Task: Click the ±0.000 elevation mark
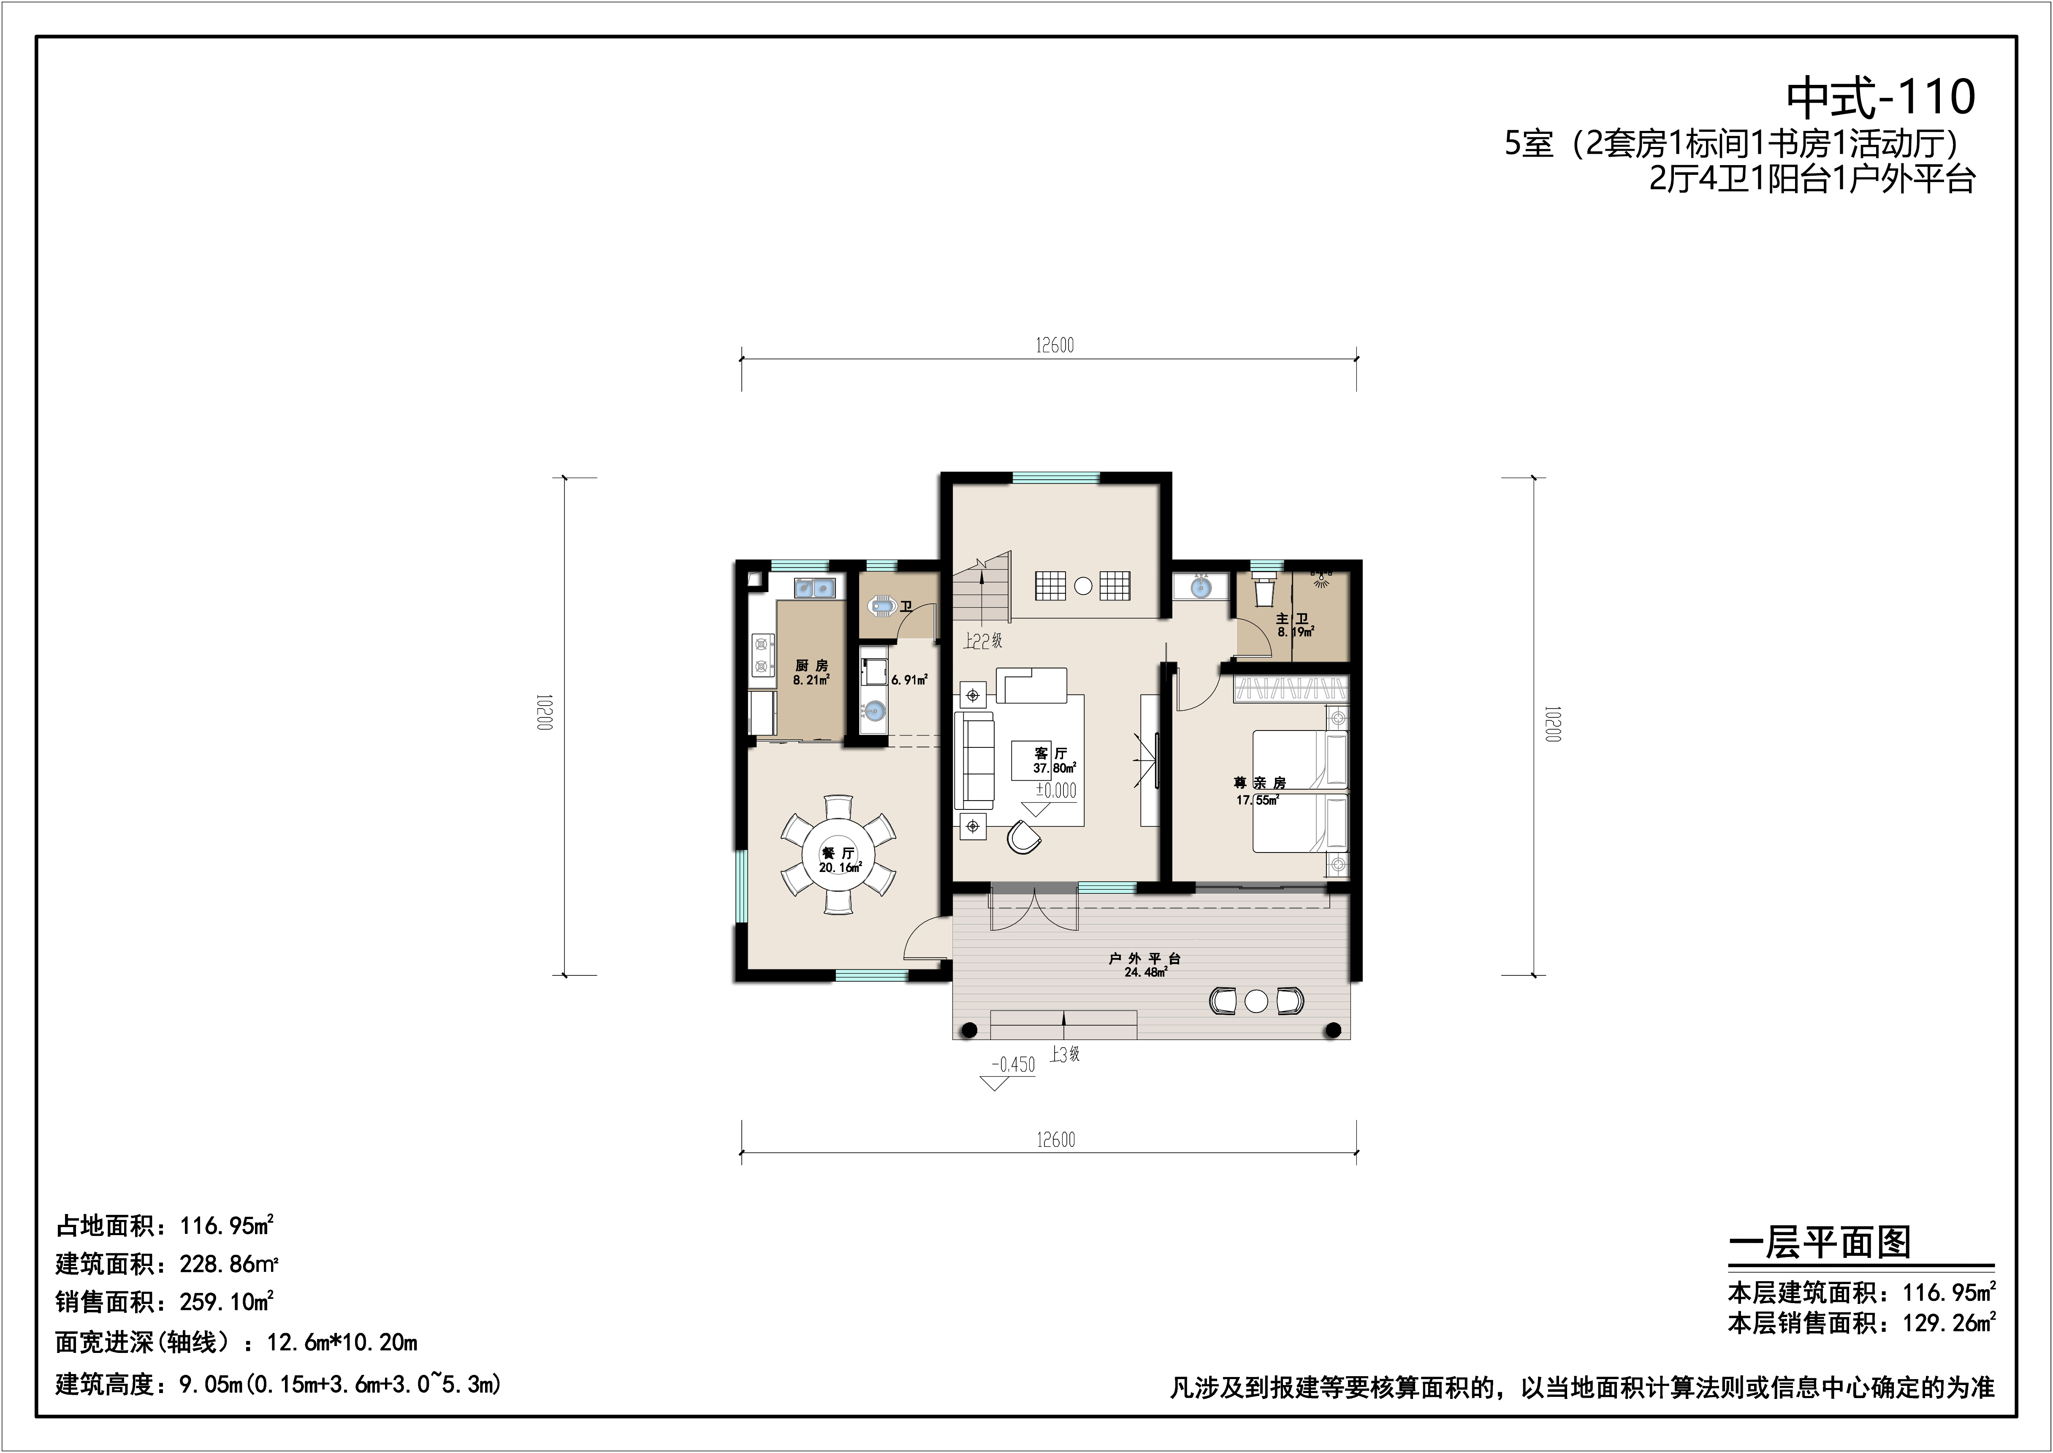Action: (x=1055, y=791)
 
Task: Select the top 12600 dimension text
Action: (x=1055, y=345)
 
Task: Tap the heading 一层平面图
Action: (x=1820, y=1243)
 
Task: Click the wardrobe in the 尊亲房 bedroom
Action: (x=1290, y=689)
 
